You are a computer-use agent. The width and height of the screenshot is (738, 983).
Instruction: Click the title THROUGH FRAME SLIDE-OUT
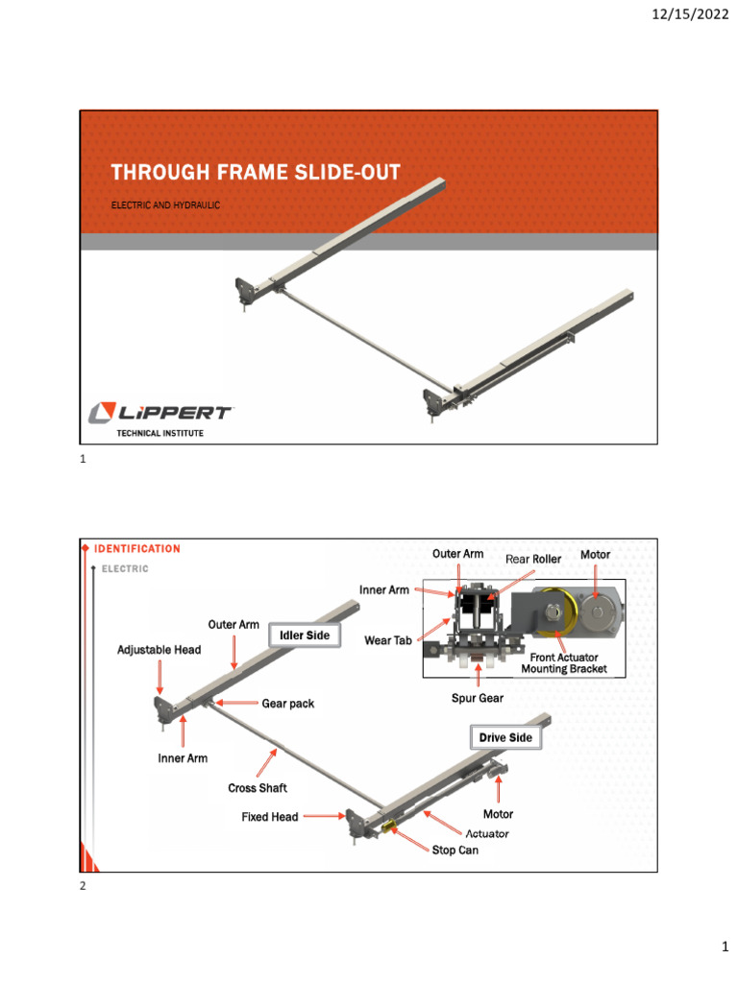point(255,173)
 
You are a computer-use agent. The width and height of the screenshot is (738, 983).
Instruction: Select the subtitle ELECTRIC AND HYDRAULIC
point(165,205)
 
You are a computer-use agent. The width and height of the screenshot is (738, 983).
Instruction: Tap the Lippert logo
point(160,413)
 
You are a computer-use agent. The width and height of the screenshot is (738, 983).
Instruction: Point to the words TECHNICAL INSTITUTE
point(160,434)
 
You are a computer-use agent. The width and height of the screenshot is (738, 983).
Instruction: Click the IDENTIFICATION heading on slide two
point(136,549)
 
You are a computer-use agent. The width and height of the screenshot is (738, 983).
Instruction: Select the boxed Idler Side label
point(305,636)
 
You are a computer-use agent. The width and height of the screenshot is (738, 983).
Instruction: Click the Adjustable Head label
point(160,650)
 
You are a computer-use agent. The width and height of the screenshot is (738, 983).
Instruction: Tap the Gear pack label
point(288,704)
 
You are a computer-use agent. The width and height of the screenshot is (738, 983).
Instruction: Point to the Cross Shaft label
point(258,788)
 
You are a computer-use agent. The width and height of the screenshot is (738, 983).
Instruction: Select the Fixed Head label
point(270,817)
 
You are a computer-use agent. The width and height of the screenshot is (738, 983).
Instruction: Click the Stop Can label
point(455,851)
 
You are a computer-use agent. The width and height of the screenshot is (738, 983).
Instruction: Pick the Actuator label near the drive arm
point(487,833)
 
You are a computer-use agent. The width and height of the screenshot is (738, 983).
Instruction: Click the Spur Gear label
point(478,698)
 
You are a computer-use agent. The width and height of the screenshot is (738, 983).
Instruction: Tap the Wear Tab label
point(389,640)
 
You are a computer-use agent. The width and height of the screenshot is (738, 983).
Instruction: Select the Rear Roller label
point(533,559)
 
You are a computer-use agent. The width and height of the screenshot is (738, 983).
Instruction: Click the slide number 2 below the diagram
point(83,886)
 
